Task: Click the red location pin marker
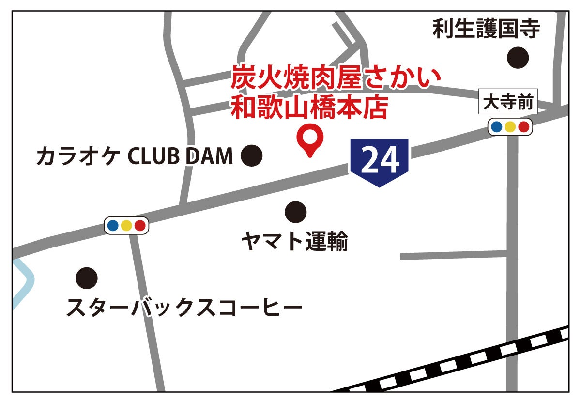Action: coord(310,139)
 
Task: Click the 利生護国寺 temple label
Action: coord(486,29)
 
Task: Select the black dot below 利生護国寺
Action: coord(518,58)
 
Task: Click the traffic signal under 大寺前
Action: coord(510,127)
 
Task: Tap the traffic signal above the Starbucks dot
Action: coord(126,225)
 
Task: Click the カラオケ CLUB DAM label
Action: coord(135,156)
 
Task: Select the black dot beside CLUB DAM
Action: coord(251,155)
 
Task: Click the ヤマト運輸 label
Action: coord(295,241)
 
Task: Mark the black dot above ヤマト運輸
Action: coord(295,211)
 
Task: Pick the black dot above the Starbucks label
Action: coord(87,278)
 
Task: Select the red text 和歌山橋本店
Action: coord(309,108)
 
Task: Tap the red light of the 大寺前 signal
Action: coord(523,127)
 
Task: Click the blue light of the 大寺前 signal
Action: coord(496,127)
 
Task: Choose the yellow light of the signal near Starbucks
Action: coord(126,225)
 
